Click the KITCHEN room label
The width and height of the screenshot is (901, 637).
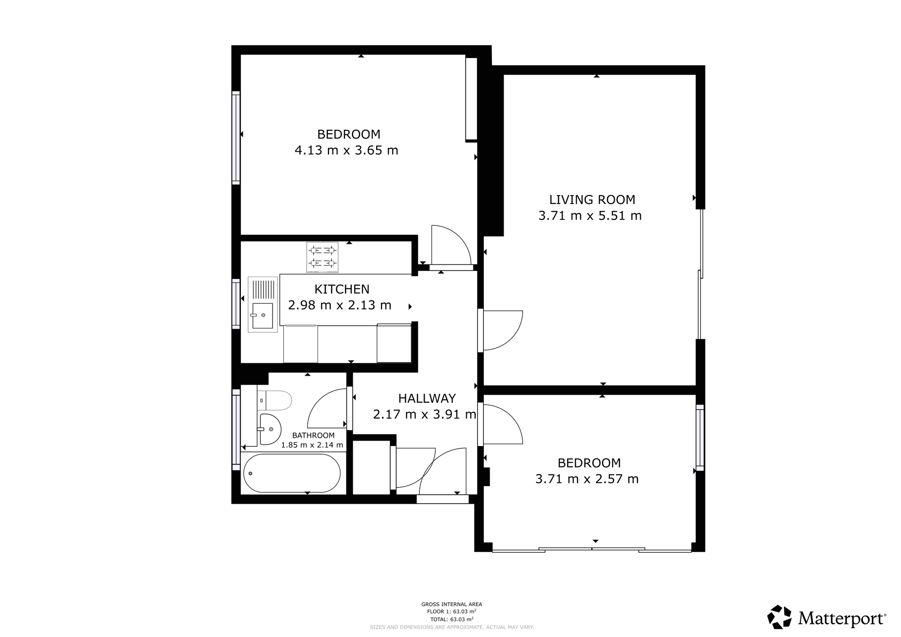point(342,289)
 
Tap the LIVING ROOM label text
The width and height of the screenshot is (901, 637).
point(592,200)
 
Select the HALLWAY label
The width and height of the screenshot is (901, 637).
point(427,398)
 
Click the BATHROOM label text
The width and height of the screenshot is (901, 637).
point(313,436)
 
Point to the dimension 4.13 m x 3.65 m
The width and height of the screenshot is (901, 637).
point(346,150)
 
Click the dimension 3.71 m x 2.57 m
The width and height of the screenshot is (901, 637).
point(587,479)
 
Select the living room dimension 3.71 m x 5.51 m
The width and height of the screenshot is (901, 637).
point(590,216)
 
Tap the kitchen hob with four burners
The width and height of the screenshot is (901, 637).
point(322,257)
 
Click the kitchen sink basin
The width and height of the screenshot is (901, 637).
point(262,316)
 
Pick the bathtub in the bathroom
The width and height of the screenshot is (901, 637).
point(292,473)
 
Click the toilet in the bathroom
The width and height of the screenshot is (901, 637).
point(274,400)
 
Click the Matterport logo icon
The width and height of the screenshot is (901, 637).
point(779,617)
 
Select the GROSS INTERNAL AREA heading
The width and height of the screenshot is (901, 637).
point(451,605)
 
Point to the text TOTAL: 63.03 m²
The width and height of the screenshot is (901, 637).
point(451,619)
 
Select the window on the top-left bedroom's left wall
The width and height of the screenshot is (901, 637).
point(236,137)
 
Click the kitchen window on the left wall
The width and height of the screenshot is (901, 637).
point(236,303)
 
